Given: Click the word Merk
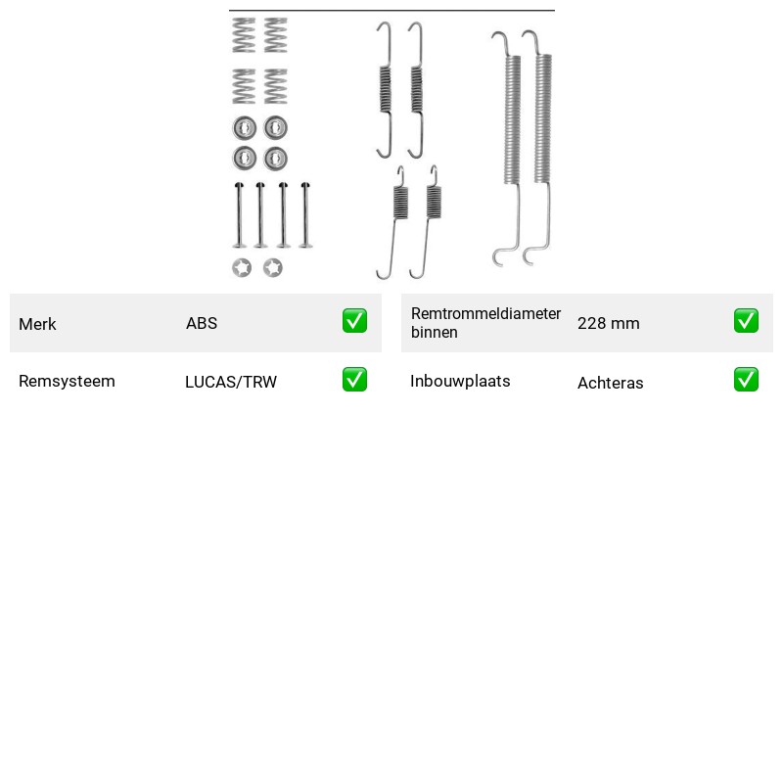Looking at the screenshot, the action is pos(37,324).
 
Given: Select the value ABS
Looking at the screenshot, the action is pos(202,323).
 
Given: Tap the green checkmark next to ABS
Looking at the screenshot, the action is pos(354,321).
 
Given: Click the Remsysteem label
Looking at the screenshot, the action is pos(67,381).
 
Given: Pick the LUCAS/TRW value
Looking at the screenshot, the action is pos(231,382).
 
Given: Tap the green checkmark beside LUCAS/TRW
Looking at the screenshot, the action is pos(354,380).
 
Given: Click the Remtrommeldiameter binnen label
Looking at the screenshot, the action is pos(485,323).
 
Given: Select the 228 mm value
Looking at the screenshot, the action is pos(608,323).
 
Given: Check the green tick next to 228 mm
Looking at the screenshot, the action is pos(746,321).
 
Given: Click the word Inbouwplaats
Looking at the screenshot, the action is pos(460,381).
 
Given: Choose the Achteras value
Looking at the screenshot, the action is pos(610,383).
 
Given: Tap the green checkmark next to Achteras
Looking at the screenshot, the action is pos(746,380).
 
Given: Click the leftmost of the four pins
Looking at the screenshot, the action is pos(239,215).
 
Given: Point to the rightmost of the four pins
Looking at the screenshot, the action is pos(305,215).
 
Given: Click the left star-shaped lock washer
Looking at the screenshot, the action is pos(242,267).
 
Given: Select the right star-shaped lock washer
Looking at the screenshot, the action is pos(273,267).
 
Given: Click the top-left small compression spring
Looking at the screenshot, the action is pos(244,35).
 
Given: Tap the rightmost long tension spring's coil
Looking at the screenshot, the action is pos(543,118).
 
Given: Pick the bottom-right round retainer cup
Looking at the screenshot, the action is pos(275,159).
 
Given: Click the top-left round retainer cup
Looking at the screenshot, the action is pos(244,128).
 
